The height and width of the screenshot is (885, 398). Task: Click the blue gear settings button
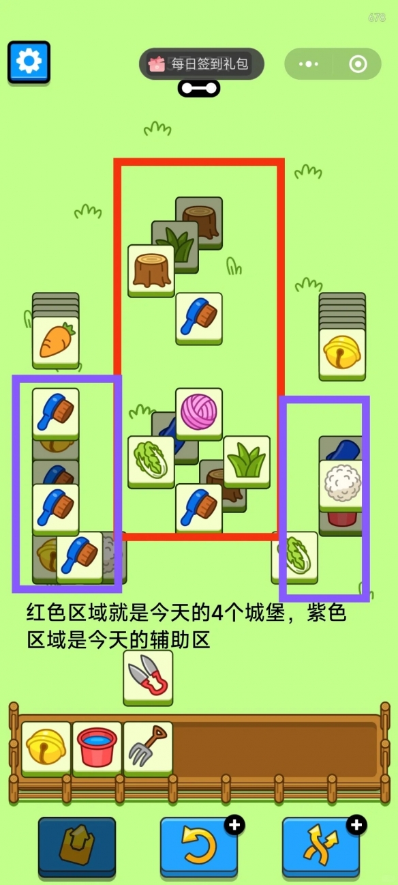coord(29,62)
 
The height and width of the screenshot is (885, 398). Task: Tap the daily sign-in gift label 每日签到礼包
coord(201,65)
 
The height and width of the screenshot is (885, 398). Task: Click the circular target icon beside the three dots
coord(358,64)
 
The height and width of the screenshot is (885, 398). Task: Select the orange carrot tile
coord(55,340)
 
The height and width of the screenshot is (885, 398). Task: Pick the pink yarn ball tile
coord(199,411)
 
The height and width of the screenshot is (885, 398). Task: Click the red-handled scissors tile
coord(148,676)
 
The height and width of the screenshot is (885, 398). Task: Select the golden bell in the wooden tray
coord(46,746)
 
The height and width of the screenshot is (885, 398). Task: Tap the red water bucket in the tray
coord(97,746)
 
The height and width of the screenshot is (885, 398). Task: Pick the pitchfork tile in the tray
coord(147,746)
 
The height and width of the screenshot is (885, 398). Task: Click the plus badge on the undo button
coord(235,826)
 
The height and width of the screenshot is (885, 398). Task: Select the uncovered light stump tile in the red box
coord(151,269)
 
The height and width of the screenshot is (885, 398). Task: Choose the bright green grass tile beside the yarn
coord(247,461)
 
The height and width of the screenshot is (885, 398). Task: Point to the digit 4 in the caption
coord(217,613)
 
